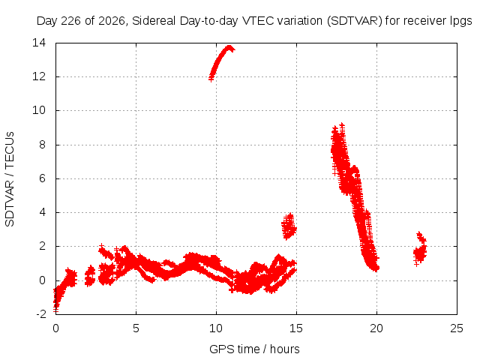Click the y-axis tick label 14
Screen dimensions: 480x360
39,43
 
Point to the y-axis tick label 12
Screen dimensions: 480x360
39,76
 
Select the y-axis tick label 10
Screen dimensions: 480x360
39,110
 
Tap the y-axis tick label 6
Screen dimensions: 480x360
42,178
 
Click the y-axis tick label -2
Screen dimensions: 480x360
41,314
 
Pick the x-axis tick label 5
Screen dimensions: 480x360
136,328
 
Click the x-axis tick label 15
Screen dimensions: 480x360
296,328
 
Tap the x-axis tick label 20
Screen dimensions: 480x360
376,328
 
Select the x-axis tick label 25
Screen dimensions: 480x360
457,328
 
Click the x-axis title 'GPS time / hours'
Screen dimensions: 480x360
254,349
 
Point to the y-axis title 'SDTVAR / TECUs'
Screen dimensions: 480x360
10,179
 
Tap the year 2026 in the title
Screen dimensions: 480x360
112,21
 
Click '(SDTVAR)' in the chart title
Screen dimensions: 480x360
355,21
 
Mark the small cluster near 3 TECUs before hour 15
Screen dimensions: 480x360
289,226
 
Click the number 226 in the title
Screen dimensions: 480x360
71,21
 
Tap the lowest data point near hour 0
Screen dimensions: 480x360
55,310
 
